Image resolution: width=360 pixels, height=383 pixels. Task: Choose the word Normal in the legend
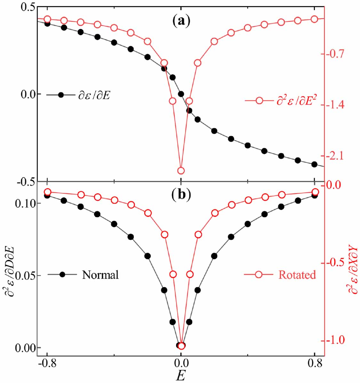click(x=100, y=275)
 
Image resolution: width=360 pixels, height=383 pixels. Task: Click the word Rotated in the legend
click(x=297, y=275)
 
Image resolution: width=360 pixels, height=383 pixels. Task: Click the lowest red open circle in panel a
click(x=181, y=170)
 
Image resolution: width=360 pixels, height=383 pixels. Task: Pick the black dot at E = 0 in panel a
click(x=181, y=94)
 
